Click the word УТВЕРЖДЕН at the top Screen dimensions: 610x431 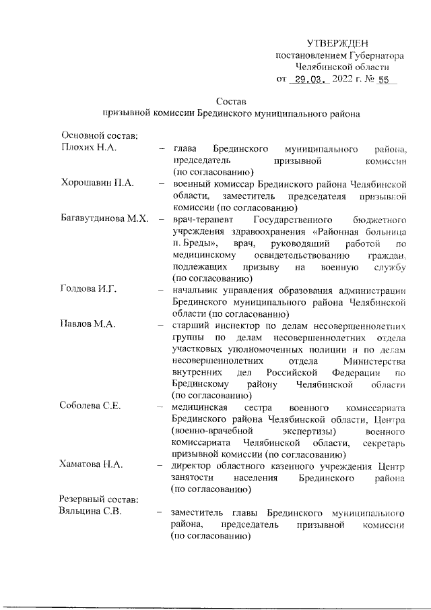[x=337, y=43]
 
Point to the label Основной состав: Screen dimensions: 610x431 [x=99, y=136]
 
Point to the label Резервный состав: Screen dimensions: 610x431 [x=98, y=501]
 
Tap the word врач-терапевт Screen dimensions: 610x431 [x=201, y=219]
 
